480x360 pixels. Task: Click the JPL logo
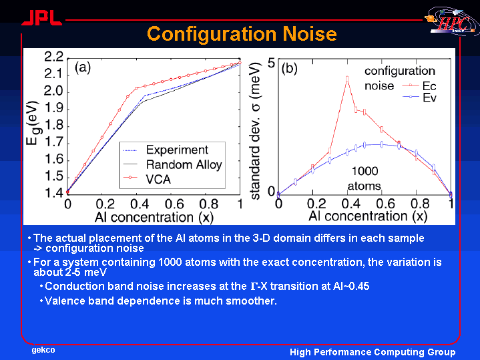pos(42,18)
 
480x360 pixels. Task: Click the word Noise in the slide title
pos(310,33)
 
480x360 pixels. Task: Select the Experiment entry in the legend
pos(166,150)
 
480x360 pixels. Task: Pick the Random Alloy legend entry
pos(172,164)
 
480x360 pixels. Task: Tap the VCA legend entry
pos(147,179)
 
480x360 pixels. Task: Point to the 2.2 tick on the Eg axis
pos(54,57)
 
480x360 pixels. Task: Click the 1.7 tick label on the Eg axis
pos(54,142)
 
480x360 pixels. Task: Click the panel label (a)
pos(83,67)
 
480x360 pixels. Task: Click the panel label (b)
pos(289,69)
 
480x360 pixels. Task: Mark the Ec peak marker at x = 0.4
pos(347,79)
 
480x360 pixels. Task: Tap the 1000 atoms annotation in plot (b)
pos(365,178)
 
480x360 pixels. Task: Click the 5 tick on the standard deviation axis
pos(271,63)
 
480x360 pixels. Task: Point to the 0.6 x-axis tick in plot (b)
pos(385,203)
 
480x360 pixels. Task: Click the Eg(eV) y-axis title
pos(33,122)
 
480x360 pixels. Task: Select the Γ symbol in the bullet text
pos(254,286)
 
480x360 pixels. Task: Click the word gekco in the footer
pos(43,350)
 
